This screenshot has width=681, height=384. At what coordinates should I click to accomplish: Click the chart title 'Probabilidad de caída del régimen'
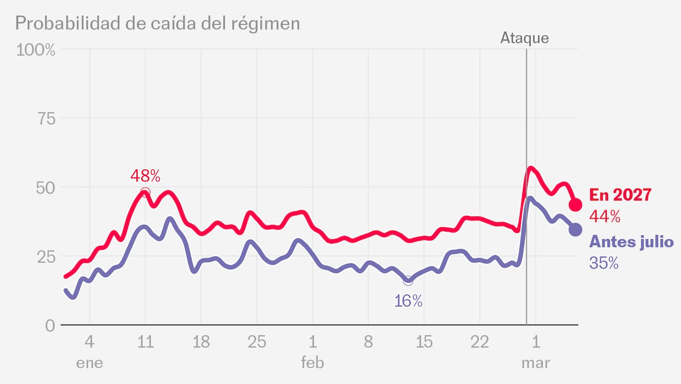point(157,23)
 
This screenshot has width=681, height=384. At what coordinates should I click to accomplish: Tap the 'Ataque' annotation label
point(524,39)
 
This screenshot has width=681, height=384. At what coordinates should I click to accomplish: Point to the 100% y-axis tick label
point(36,50)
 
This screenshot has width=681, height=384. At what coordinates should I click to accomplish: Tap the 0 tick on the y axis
point(49,325)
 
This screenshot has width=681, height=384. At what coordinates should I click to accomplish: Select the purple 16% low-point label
point(409,301)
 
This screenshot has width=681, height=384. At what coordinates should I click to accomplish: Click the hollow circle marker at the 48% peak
point(145,192)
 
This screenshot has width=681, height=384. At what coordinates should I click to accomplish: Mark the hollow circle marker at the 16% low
point(408,281)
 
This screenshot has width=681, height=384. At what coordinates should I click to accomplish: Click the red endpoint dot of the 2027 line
point(575,204)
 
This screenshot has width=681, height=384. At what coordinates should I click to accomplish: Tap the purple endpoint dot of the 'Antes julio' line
point(575,229)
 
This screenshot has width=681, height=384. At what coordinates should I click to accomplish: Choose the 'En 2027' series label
point(620,194)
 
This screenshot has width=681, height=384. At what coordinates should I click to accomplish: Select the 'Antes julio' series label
point(632,243)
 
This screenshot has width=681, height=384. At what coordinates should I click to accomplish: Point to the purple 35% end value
point(604,264)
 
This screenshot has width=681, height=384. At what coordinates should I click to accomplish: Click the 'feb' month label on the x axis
point(312,363)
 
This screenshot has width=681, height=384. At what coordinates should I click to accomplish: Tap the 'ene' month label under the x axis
point(90,363)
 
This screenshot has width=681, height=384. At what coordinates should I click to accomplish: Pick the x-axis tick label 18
point(201,343)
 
